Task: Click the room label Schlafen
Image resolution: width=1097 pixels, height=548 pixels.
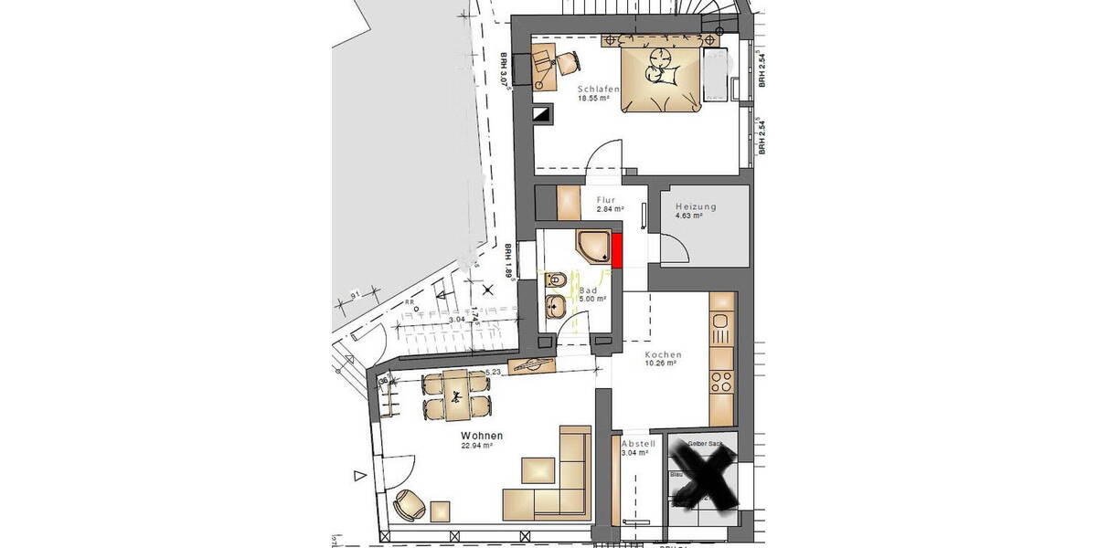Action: pyautogui.click(x=599, y=89)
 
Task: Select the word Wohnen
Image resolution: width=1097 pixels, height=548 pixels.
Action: pyautogui.click(x=482, y=437)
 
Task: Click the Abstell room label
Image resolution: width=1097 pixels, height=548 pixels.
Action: pyautogui.click(x=638, y=443)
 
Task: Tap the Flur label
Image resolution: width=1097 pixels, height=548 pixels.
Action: pyautogui.click(x=606, y=200)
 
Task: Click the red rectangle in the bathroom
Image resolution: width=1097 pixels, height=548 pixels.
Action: pyautogui.click(x=617, y=250)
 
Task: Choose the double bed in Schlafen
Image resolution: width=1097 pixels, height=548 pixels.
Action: pyautogui.click(x=663, y=78)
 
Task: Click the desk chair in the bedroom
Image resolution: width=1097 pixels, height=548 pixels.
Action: pyautogui.click(x=569, y=61)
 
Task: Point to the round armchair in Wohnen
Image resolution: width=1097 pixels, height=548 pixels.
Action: pyautogui.click(x=408, y=501)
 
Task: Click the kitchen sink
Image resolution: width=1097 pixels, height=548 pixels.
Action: pyautogui.click(x=720, y=322)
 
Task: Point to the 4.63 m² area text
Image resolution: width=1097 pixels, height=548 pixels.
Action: pyautogui.click(x=688, y=216)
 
